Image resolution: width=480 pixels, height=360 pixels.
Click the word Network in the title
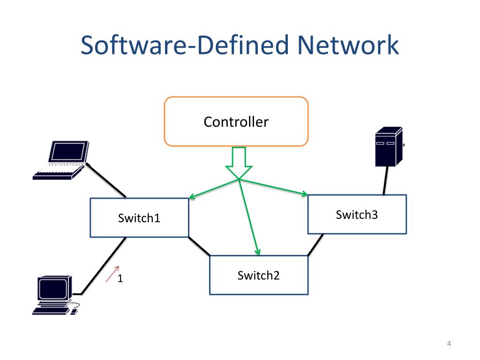click(x=348, y=45)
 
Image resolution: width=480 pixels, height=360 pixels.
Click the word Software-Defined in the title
click(x=186, y=45)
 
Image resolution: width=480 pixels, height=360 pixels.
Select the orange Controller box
click(x=236, y=122)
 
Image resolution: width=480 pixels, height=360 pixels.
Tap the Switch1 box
click(x=139, y=217)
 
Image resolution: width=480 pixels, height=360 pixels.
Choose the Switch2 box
click(x=258, y=275)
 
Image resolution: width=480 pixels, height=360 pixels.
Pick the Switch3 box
click(x=357, y=215)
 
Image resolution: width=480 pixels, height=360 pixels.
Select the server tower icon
click(x=389, y=147)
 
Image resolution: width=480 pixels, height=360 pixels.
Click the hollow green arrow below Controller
click(x=239, y=162)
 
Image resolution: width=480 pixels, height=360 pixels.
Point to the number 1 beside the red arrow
click(x=120, y=278)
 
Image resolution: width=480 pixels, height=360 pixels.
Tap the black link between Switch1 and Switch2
click(x=199, y=246)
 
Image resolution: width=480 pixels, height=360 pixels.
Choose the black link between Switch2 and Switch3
click(x=315, y=245)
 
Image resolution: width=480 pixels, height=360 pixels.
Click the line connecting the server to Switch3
click(x=385, y=180)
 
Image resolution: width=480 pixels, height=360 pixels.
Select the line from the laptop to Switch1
click(x=107, y=181)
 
